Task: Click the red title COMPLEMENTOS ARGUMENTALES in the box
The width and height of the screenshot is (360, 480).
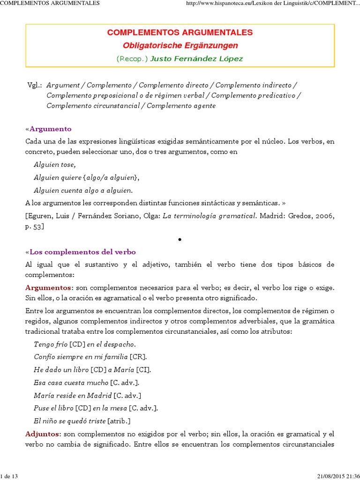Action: click(x=180, y=33)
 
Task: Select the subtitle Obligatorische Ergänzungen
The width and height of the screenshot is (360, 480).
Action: click(x=180, y=45)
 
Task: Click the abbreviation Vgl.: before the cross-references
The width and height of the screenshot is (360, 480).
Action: click(x=35, y=85)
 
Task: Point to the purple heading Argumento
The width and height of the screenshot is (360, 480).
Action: click(x=50, y=129)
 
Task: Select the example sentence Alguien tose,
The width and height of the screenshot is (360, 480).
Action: click(x=54, y=165)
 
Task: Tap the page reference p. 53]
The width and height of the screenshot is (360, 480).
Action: click(x=35, y=226)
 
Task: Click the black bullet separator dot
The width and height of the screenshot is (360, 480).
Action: click(x=180, y=240)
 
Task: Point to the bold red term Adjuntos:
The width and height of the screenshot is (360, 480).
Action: click(x=43, y=434)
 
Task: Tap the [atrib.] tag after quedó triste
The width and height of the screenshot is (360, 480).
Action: click(x=119, y=420)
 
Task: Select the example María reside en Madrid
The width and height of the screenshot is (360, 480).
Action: click(x=73, y=395)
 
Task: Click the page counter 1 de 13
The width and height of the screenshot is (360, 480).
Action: click(x=9, y=476)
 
